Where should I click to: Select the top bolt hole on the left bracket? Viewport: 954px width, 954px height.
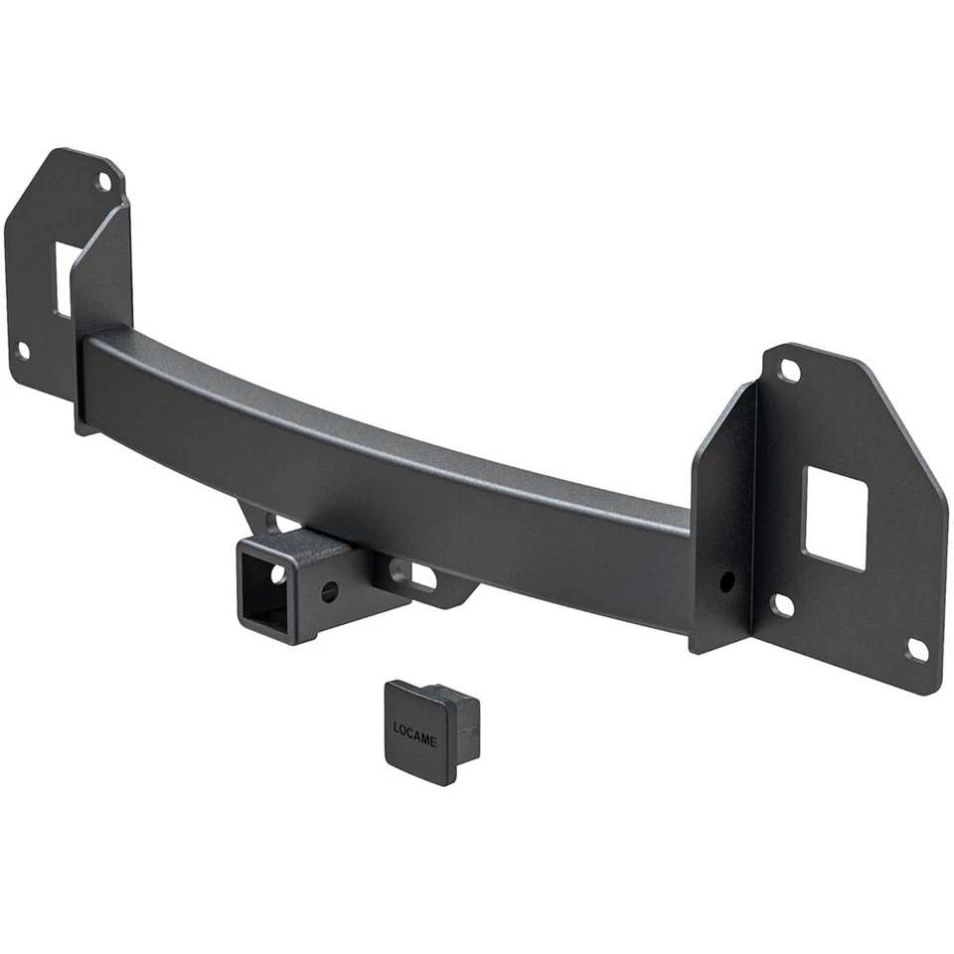[103, 182]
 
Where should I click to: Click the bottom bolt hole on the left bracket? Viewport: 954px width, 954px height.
[23, 350]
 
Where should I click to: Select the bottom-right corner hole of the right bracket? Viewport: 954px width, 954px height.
[916, 649]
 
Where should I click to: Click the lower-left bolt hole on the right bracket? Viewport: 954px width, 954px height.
[783, 604]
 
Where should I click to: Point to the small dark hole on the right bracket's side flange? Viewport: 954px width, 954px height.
[727, 578]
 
